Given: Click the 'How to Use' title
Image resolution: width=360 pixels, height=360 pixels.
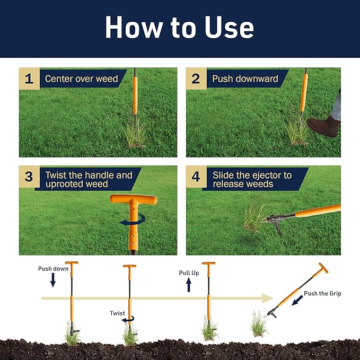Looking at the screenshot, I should [x=179, y=28].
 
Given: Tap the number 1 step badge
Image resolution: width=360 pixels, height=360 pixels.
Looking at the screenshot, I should [x=29, y=79].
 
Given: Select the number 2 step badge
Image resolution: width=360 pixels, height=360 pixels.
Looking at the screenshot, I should [x=196, y=79].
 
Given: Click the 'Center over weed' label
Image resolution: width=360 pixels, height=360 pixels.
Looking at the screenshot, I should [x=81, y=79].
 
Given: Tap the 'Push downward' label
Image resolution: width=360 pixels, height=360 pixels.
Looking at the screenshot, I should [x=245, y=79].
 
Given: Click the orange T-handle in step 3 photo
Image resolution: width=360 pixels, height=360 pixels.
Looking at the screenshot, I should [x=134, y=201].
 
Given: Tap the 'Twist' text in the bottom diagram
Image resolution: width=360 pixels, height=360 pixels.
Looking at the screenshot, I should [x=118, y=313].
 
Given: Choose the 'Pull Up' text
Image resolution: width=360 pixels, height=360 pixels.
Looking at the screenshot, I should [x=189, y=273].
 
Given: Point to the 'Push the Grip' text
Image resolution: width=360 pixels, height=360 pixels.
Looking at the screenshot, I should [x=322, y=293].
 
